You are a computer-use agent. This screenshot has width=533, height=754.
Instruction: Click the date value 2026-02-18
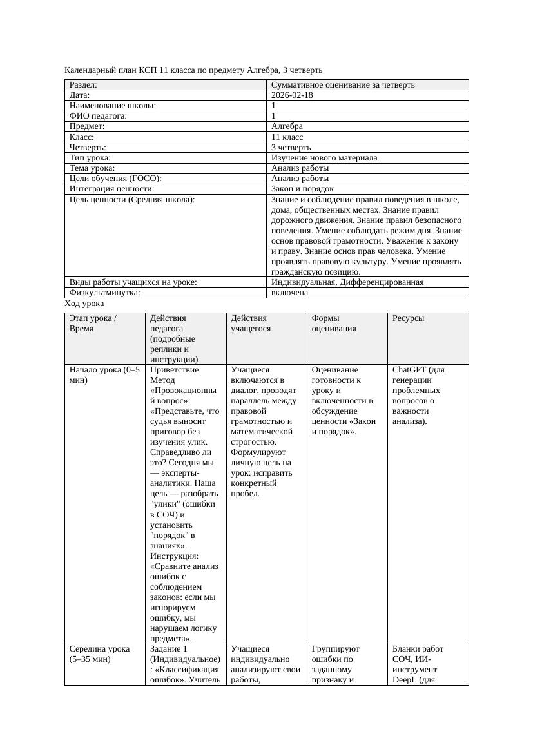coord(292,95)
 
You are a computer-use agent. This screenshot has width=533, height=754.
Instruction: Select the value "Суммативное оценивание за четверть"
coord(343,85)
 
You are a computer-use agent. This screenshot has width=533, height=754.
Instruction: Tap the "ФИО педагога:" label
coord(98,116)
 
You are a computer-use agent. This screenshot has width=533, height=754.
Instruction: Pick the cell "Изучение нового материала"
coord(324,158)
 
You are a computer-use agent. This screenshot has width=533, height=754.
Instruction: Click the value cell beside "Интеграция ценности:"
coord(302,189)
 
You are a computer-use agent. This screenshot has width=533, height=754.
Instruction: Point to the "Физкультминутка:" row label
coord(104,293)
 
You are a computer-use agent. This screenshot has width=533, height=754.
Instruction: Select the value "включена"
coord(289,293)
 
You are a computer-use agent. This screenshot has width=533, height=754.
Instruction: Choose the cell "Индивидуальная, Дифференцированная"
coord(347,282)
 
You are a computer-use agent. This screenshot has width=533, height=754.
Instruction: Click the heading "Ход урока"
coord(84,304)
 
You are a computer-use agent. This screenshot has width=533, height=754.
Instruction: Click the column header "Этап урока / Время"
coord(93,324)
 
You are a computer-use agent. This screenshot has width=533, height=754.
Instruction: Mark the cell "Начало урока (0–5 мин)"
coord(104,375)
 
